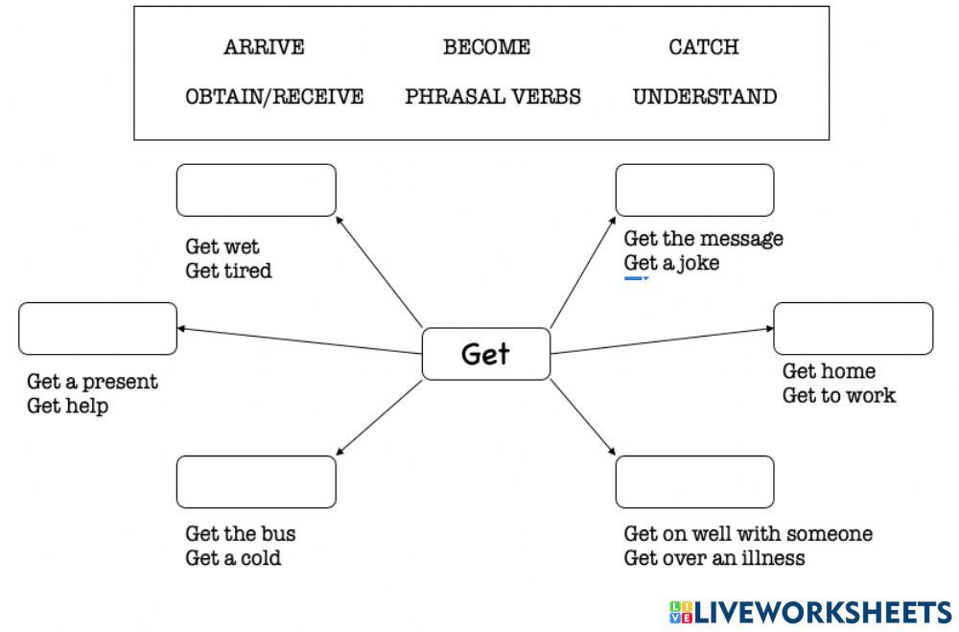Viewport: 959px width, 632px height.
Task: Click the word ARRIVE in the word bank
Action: (264, 47)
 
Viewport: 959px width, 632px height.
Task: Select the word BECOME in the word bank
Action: (486, 47)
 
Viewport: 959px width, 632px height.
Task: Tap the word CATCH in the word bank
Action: (704, 47)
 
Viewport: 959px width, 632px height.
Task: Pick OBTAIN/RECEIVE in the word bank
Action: (274, 97)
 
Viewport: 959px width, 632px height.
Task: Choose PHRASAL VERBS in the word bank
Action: (493, 97)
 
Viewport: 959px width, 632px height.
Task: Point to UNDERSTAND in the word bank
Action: (705, 97)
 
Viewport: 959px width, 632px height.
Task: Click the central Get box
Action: (486, 354)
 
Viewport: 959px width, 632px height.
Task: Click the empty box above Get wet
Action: (256, 190)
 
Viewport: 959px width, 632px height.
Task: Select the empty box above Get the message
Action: (694, 190)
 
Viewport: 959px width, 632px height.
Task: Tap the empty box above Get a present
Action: (98, 328)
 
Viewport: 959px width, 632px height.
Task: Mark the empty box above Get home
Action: (853, 328)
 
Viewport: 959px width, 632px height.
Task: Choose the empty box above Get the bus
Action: (256, 481)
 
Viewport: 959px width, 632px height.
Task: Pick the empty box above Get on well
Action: (694, 481)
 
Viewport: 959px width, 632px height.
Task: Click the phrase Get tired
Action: (228, 271)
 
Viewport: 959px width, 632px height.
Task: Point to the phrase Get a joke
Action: (671, 263)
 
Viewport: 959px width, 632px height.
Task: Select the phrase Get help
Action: (67, 406)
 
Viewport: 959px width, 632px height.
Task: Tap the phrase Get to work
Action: (839, 395)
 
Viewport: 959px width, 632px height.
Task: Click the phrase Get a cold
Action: (233, 558)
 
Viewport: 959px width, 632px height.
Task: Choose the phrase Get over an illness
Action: (714, 558)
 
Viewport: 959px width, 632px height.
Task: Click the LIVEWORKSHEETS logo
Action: (810, 612)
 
